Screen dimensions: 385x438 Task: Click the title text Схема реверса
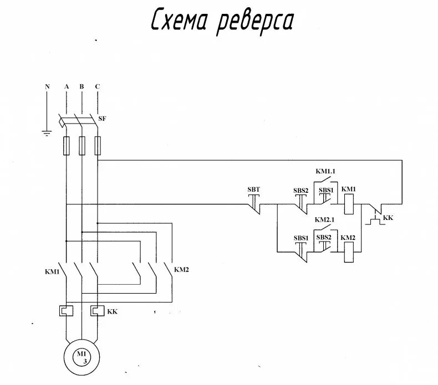point(222,22)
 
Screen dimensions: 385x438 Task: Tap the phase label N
point(47,86)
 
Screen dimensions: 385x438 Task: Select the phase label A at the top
point(66,86)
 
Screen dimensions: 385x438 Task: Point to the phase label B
point(82,86)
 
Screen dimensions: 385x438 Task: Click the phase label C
point(97,86)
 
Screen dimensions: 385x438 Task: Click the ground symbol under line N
point(47,132)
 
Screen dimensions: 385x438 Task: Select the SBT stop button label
point(253,189)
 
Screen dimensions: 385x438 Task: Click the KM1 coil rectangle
point(349,204)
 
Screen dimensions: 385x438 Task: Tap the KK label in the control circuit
point(388,218)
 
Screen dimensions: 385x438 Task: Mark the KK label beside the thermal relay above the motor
point(113,311)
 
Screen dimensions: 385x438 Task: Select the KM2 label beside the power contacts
point(182,270)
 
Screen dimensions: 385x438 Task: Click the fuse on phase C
point(98,146)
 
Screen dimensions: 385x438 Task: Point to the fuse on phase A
point(66,146)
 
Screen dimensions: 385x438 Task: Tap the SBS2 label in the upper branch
point(301,191)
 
